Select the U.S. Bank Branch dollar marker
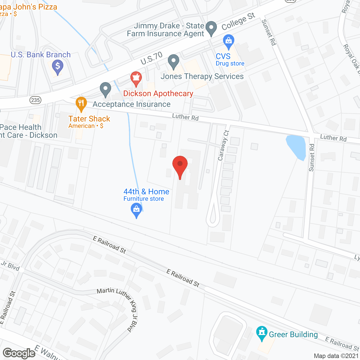(58, 67)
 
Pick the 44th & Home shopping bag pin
(136, 210)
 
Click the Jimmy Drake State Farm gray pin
(211, 28)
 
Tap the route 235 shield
(36, 100)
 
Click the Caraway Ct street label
(224, 146)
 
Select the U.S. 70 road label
(152, 58)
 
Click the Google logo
(19, 353)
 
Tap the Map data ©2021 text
(336, 356)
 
